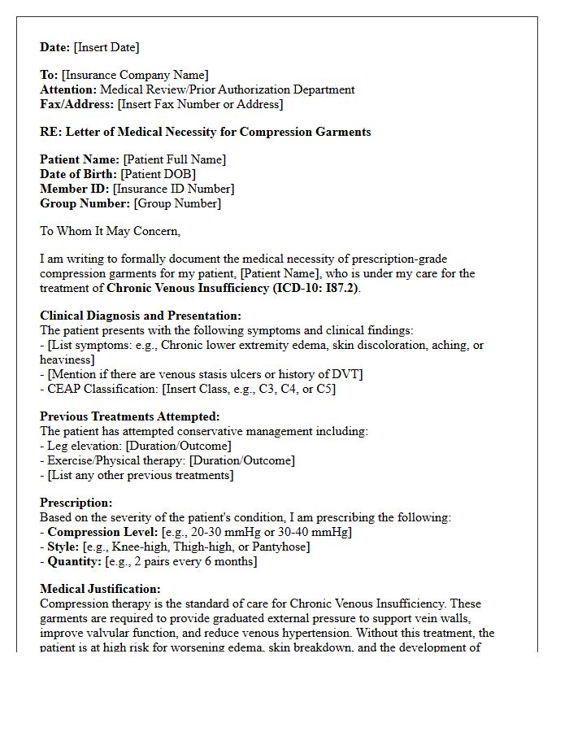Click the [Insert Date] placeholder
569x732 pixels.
click(x=106, y=47)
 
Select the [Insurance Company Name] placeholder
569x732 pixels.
click(x=135, y=76)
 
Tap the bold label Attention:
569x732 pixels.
click(x=68, y=90)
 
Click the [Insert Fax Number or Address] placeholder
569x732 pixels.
click(x=200, y=105)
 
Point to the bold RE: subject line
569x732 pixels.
click(x=205, y=132)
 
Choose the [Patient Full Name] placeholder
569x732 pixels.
click(x=174, y=159)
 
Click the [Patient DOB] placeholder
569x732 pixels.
click(x=158, y=174)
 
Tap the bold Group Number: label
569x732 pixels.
click(x=85, y=203)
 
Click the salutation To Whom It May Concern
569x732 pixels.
click(x=110, y=231)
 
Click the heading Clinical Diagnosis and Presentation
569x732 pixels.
click(x=140, y=316)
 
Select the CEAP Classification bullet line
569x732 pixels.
click(x=188, y=389)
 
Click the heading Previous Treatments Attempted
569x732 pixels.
click(x=129, y=416)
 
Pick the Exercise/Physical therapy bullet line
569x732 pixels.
click(x=167, y=460)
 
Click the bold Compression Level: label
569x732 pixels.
click(x=102, y=532)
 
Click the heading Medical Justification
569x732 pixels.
click(x=100, y=589)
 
